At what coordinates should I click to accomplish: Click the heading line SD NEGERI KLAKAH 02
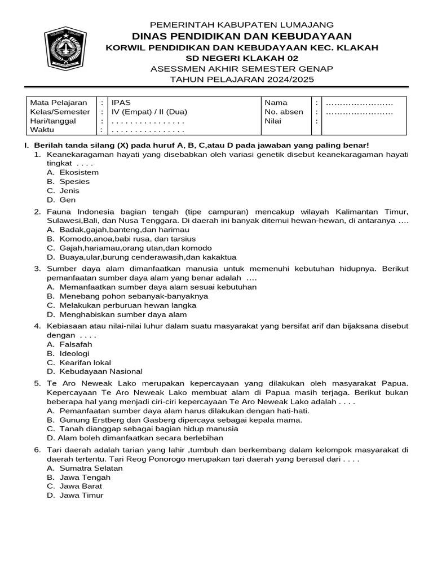coord(242,58)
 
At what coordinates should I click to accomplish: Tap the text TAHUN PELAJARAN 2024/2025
coord(242,80)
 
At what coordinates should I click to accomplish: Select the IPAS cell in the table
coord(120,103)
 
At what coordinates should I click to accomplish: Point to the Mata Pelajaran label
coord(59,103)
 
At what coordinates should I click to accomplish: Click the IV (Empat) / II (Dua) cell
coord(149,112)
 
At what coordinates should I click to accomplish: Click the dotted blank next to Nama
coord(359,103)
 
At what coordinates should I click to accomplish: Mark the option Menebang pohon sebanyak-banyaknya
coord(127,296)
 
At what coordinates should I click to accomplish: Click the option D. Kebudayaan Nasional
coord(95,372)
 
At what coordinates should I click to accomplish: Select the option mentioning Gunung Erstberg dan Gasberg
coord(174,420)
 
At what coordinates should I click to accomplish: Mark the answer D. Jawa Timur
coord(76,496)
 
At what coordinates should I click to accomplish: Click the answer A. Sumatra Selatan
coord(85,468)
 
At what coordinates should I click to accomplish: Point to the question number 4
coord(37,326)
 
